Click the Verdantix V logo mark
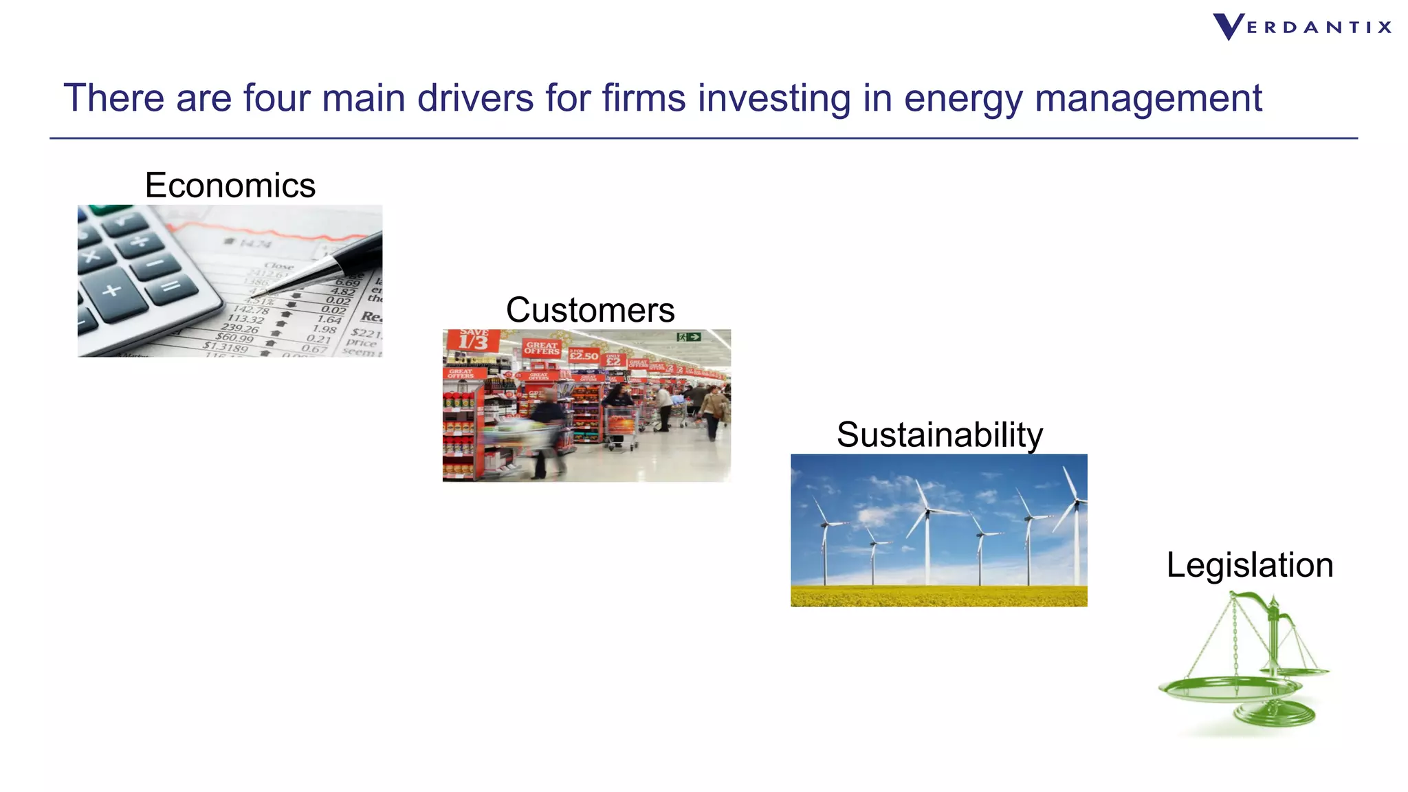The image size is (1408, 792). pos(1228,27)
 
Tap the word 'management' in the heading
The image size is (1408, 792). pos(1148,98)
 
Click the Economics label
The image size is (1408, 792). pos(230,186)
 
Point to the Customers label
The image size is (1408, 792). pos(590,310)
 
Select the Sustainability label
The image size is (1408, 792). pos(939,434)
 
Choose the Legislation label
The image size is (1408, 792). pos(1249,565)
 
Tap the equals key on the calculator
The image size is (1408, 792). pos(171,285)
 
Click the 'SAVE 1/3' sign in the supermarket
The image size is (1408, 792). pos(473,340)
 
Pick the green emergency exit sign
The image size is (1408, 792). pos(688,337)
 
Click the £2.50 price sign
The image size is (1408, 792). pos(584,355)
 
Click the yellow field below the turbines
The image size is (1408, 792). pos(938,595)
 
